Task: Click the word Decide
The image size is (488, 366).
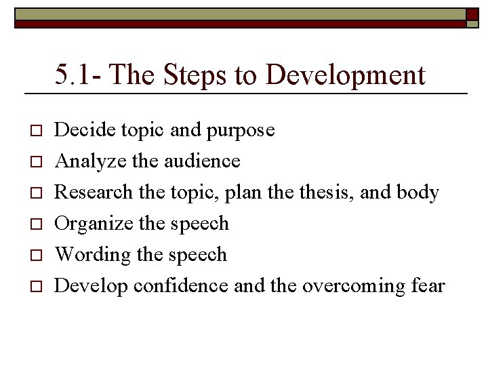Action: click(x=83, y=129)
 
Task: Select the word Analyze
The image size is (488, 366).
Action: click(x=85, y=161)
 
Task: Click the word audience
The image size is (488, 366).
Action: click(x=201, y=161)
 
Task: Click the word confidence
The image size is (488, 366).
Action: click(x=181, y=286)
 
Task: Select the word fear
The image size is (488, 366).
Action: click(x=428, y=286)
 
